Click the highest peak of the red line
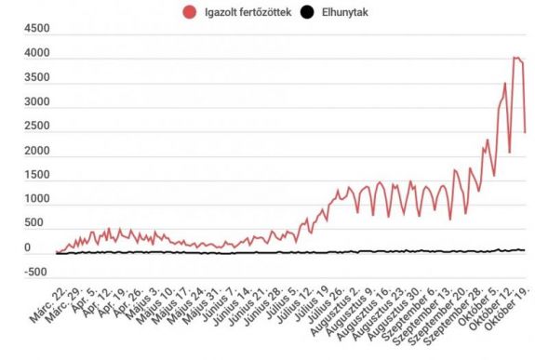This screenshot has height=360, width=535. coord(515,58)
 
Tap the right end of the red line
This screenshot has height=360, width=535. coord(526,132)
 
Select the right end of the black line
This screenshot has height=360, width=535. coord(526,250)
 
